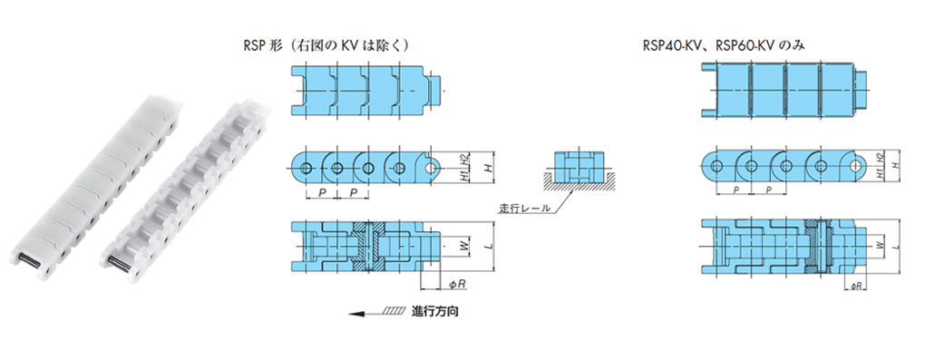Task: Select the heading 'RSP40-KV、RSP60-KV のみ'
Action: (x=725, y=45)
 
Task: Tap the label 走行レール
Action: (x=525, y=208)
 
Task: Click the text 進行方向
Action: (x=434, y=312)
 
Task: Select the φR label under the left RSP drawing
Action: (x=457, y=285)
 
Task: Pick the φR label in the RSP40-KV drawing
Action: (x=857, y=286)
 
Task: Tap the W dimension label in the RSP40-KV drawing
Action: (x=881, y=244)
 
